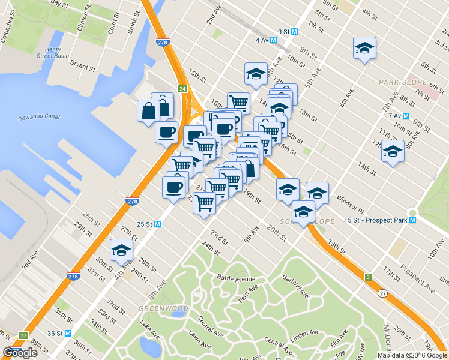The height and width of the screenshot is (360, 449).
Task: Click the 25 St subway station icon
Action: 158,224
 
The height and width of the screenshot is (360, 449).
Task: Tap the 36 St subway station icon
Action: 68,334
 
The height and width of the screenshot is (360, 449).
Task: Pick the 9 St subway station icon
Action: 294,32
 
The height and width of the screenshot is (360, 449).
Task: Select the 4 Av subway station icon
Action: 273,40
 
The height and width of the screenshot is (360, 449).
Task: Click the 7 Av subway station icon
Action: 406,115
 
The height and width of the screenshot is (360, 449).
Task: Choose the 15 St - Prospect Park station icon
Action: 412,220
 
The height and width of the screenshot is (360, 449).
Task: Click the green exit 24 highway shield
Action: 182,89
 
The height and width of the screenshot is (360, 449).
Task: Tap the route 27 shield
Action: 382,293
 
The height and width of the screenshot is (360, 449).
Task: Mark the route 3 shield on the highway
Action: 367,277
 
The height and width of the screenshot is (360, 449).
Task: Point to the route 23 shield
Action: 23,335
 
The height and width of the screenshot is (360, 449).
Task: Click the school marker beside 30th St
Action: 121,251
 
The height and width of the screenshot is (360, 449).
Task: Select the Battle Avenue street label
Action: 236,279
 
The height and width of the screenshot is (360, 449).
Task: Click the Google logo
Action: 20,353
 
